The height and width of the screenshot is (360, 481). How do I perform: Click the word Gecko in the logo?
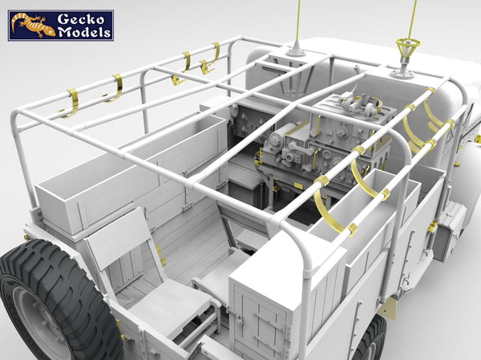click(x=81, y=19)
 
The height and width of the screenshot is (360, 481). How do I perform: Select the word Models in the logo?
click(x=84, y=32)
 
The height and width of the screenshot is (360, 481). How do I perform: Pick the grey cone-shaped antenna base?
click(x=296, y=48)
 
